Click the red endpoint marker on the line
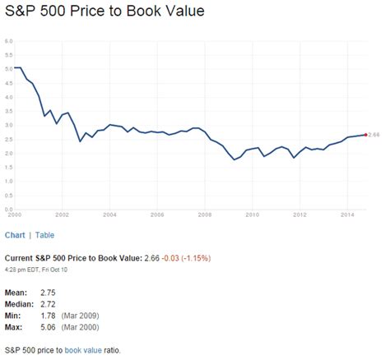click(365, 134)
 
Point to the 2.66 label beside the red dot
click(374, 134)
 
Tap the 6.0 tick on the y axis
click(7, 39)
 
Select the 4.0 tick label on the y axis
click(7, 96)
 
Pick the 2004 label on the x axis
click(109, 215)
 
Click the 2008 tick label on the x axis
click(204, 215)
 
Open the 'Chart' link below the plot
click(14, 235)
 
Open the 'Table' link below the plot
click(45, 235)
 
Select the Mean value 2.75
click(50, 293)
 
